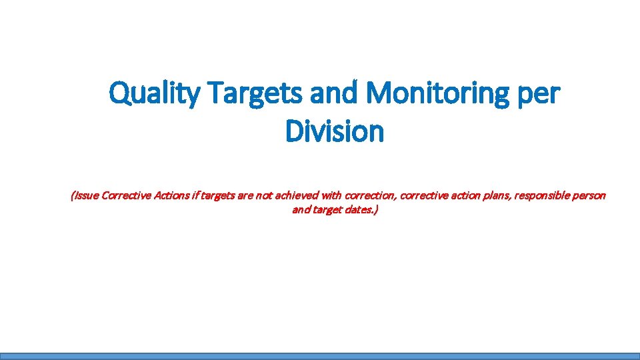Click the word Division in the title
click(x=335, y=131)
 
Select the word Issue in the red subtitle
click(x=85, y=195)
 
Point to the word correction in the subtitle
click(x=368, y=195)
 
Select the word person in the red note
click(x=590, y=195)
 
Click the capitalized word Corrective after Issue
click(x=127, y=195)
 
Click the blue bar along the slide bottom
click(x=320, y=356)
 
